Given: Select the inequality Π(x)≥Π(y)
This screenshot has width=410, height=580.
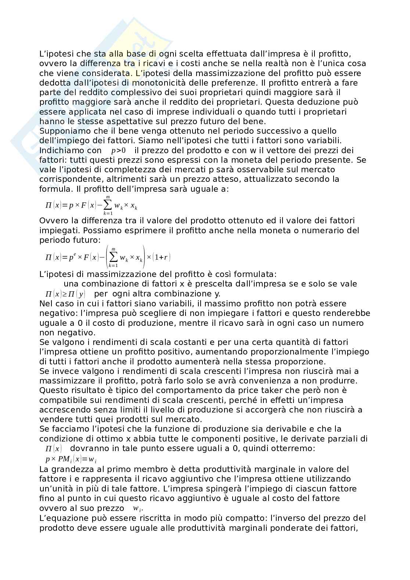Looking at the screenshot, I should point(65,294).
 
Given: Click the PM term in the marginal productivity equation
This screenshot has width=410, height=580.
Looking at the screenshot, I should point(65,459).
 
